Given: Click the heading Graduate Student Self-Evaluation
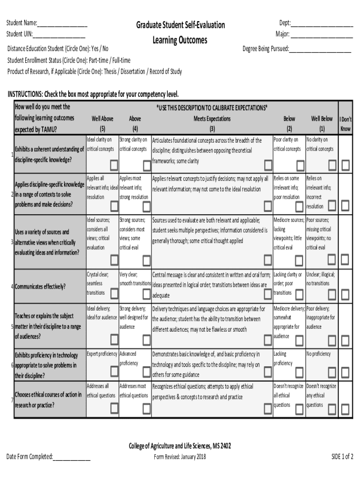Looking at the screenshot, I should tap(180, 25).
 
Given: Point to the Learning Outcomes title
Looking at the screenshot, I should tap(180, 40).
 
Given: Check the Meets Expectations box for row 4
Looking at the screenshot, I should tap(268, 294).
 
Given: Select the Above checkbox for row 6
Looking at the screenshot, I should tap(146, 372).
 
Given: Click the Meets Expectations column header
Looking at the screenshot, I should tap(212, 119).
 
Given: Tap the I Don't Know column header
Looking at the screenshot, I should tap(346, 124).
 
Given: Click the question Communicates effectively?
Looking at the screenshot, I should tap(40, 287).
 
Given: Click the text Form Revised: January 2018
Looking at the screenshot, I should tap(180, 457).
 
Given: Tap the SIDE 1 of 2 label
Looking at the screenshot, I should tap(342, 457).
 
